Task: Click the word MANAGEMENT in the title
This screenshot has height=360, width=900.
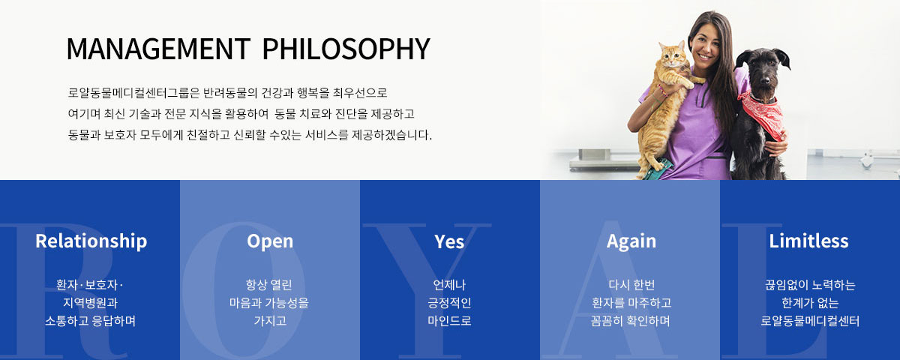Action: tap(158, 49)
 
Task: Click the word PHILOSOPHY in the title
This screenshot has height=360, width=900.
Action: tap(346, 49)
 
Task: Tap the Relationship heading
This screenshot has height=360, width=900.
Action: tap(91, 241)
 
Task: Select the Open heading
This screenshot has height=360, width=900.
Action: tap(270, 241)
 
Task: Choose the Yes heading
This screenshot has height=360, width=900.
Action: tap(449, 241)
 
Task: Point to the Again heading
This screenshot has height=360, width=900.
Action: tap(631, 241)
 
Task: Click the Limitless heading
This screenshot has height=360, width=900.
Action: tap(808, 241)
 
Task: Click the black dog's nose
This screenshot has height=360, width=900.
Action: tap(766, 81)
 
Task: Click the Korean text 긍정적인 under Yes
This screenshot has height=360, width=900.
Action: tap(449, 303)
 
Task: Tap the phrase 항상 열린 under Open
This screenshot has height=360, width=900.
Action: tap(268, 285)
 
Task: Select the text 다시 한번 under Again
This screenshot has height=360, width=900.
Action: tap(631, 285)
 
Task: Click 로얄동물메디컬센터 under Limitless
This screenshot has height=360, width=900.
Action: tap(810, 321)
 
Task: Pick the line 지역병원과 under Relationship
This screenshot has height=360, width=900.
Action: tap(91, 303)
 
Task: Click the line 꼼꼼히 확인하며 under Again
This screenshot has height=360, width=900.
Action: tap(631, 321)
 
